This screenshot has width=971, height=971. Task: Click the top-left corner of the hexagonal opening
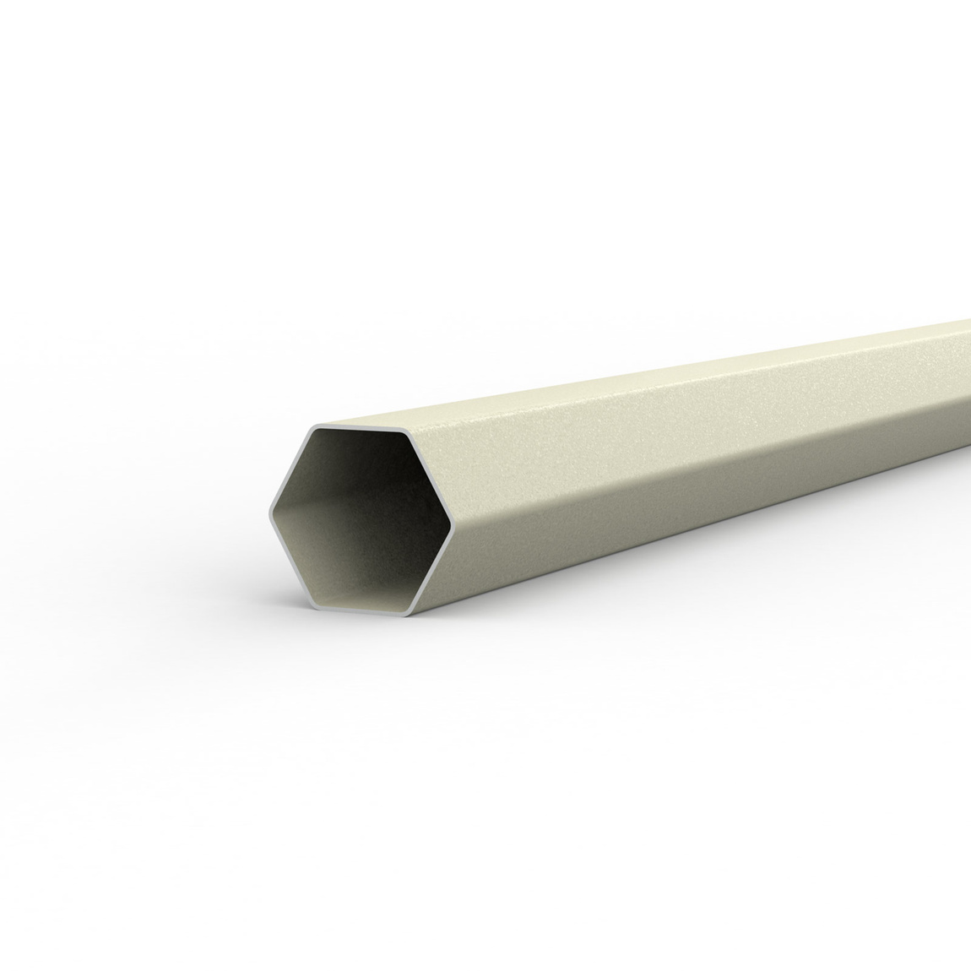(x=314, y=425)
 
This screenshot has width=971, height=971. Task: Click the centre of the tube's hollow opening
(x=361, y=519)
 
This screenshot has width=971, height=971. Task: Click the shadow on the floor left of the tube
(x=228, y=583)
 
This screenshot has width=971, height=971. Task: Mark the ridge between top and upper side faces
(x=675, y=386)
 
